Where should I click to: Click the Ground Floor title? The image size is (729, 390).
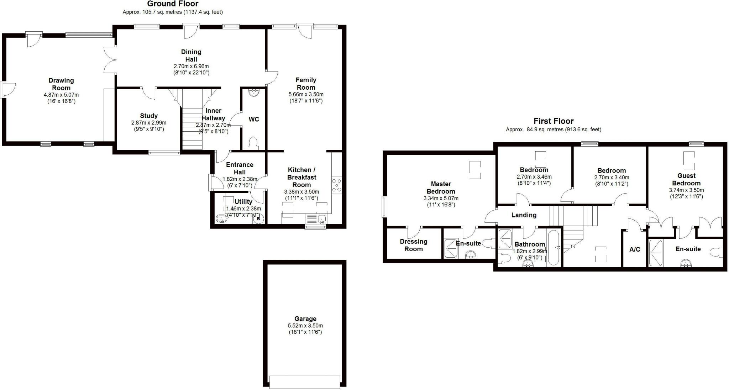coord(173,4)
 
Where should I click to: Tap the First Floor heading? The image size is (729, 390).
coord(553,121)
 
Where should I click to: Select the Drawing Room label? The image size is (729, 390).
coord(61,84)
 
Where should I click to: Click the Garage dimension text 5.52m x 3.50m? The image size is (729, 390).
coord(305,326)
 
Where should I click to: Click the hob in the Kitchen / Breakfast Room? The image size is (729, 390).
coord(336,185)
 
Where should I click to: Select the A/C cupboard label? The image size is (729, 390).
coord(635,249)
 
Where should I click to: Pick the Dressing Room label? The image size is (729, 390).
coord(413,245)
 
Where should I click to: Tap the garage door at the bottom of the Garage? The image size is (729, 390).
coord(305,382)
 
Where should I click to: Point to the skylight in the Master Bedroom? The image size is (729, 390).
coord(475,170)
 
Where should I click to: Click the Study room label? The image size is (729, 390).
coord(149,116)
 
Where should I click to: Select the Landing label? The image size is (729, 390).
coord(524,215)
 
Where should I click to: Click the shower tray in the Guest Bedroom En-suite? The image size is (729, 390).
coord(656,253)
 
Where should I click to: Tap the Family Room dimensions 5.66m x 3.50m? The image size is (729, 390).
coord(306,94)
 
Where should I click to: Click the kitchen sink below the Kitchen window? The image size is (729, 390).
coord(322,218)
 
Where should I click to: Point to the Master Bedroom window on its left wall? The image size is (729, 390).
coord(384,206)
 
